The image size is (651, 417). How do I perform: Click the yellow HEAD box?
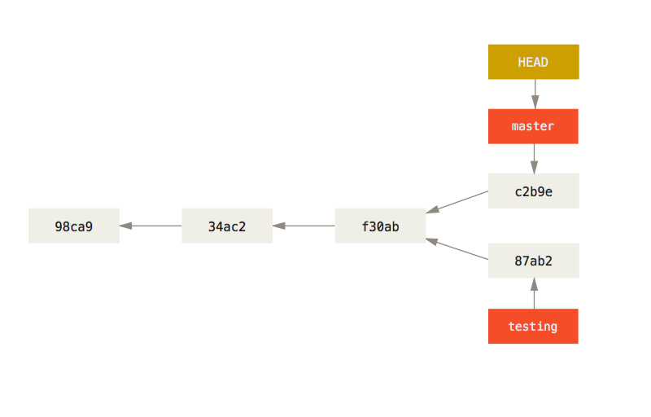coord(533,62)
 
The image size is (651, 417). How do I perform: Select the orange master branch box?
coord(533,126)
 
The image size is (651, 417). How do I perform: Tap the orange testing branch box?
coord(533,327)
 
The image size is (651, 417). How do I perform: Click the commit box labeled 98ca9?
coord(74,226)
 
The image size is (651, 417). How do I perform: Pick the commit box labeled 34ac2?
coord(227,226)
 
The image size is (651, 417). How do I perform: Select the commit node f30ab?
coord(380,226)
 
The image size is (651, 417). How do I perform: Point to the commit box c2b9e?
coord(533,191)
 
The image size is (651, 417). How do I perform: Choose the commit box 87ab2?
coord(533,261)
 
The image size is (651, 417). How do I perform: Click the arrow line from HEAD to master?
coord(535,90)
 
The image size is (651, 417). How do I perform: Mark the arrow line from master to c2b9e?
coord(534,155)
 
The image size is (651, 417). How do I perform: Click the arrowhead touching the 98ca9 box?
coord(126,226)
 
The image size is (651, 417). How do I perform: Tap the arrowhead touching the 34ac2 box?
coord(279,226)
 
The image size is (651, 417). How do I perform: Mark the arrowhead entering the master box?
coord(535,102)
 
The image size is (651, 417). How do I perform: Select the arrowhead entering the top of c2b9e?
coord(534,167)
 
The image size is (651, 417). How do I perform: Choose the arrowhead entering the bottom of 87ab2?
coord(534,284)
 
